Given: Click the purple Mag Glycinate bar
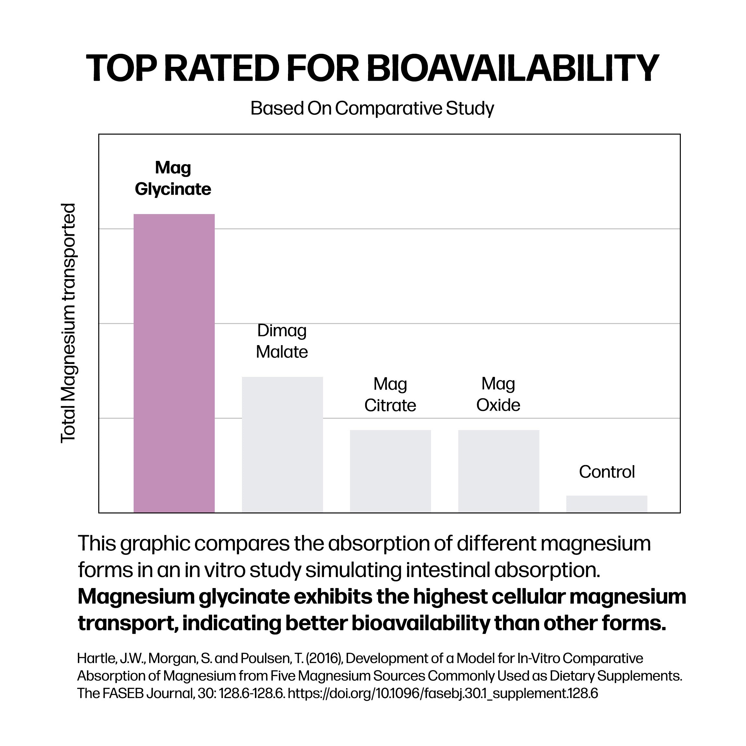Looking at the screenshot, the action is (174, 363).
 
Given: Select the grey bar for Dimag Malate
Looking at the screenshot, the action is (282, 445).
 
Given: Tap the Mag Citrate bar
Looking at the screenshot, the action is (391, 472).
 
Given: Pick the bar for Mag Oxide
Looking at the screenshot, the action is (499, 472).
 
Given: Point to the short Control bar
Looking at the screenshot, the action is (607, 504).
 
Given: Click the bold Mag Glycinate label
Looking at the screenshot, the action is (173, 178).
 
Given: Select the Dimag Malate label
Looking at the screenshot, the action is (282, 341).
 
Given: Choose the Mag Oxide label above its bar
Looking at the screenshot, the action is (498, 394).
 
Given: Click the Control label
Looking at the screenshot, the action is (607, 472).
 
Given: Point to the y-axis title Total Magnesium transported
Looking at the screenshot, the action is (69, 323).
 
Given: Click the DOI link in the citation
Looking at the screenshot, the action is (443, 693).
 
